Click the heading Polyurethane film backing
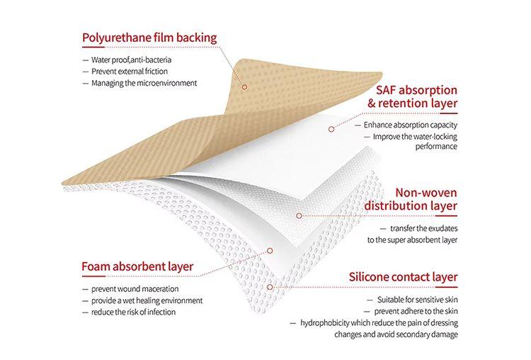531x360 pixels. [149, 38]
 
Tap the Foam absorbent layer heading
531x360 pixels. [137, 266]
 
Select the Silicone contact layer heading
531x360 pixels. [404, 277]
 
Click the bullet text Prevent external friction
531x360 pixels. [130, 72]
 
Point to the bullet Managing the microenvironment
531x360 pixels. [144, 83]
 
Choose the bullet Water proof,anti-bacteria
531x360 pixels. [132, 60]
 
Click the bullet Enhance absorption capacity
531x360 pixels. [411, 125]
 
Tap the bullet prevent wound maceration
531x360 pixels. [135, 289]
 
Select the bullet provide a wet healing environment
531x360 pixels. [147, 300]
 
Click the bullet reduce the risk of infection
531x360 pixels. [133, 313]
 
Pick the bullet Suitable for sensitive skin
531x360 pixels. [418, 300]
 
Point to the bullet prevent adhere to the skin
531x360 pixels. [416, 312]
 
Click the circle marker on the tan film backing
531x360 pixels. [244, 87]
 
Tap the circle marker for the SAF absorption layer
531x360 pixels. [331, 129]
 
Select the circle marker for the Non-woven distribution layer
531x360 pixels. [299, 215]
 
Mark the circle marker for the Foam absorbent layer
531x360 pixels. [270, 250]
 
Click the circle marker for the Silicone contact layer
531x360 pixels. [270, 287]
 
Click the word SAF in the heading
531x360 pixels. [386, 90]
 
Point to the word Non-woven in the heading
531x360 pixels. [426, 193]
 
